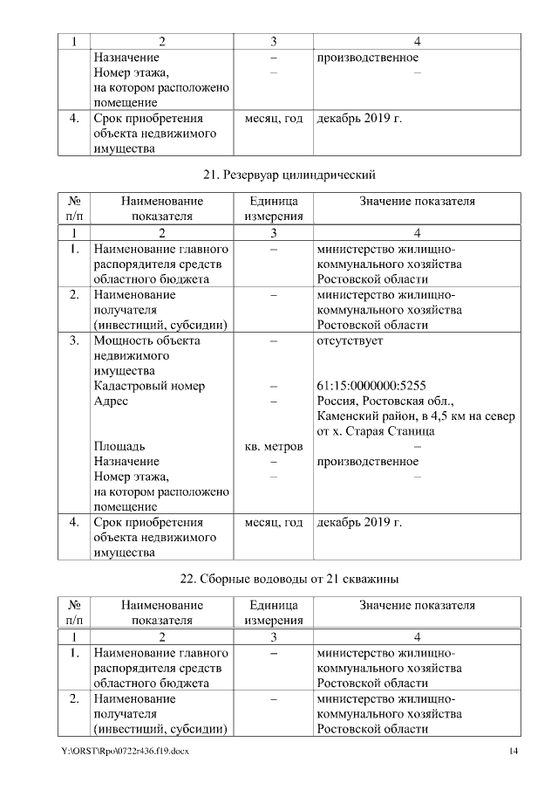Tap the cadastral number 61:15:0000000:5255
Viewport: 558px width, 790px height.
pyautogui.click(x=371, y=385)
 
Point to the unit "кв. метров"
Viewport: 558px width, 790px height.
pyautogui.click(x=274, y=447)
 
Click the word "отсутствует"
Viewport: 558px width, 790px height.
pyautogui.click(x=349, y=340)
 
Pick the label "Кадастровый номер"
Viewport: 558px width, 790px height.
pyautogui.click(x=149, y=385)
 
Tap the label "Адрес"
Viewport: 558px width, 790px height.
pyautogui.click(x=111, y=401)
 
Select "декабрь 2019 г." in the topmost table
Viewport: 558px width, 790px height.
pyautogui.click(x=359, y=118)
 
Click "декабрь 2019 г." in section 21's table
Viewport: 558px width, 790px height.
pyautogui.click(x=359, y=523)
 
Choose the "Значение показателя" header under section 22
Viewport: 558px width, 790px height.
pyautogui.click(x=417, y=605)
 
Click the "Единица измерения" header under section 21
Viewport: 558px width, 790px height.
pyautogui.click(x=274, y=209)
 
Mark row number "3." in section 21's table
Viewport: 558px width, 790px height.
pyautogui.click(x=74, y=340)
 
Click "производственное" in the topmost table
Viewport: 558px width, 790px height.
pyautogui.click(x=367, y=58)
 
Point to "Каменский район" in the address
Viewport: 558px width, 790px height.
pyautogui.click(x=360, y=416)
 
